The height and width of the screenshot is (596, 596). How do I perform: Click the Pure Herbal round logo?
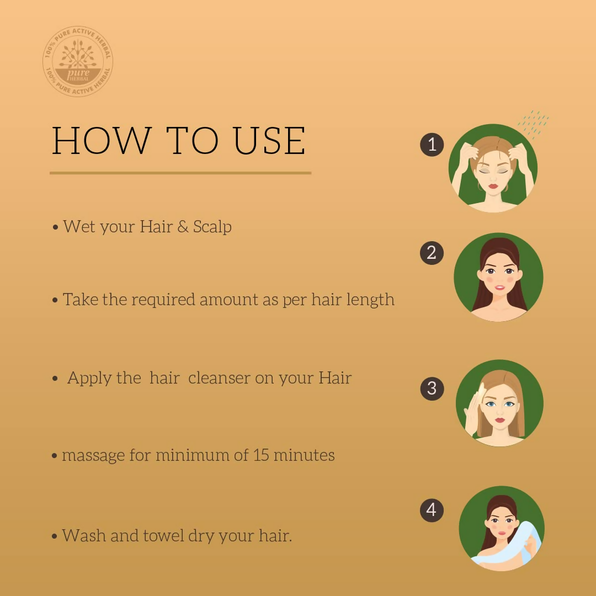click(x=78, y=62)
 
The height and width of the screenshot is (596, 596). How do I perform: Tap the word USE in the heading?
click(x=269, y=141)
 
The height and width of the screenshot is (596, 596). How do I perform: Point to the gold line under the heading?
click(x=180, y=173)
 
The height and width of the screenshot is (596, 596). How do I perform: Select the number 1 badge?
click(x=432, y=145)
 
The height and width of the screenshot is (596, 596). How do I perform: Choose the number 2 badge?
click(x=432, y=253)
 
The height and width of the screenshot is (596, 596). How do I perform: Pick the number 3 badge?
click(x=432, y=389)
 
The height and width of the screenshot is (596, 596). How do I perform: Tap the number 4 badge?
click(x=432, y=510)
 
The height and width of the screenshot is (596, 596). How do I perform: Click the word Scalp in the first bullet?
click(x=212, y=227)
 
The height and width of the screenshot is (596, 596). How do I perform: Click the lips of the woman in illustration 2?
click(x=499, y=288)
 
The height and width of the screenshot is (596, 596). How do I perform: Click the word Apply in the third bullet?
click(x=89, y=379)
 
